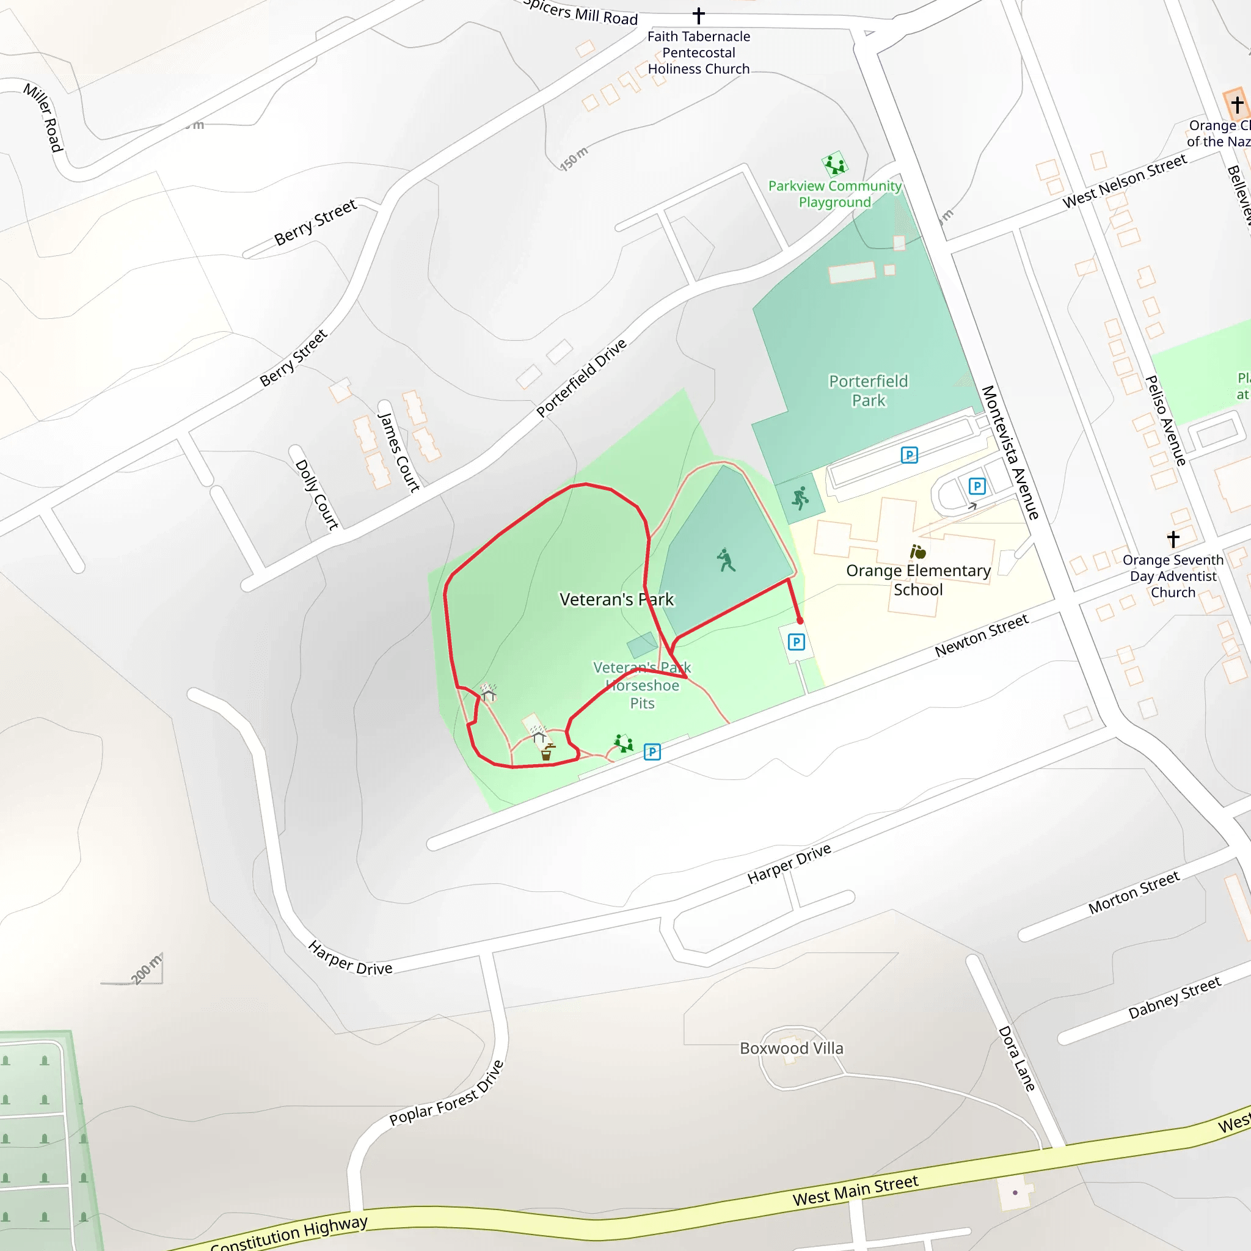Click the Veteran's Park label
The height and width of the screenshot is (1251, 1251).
tap(616, 600)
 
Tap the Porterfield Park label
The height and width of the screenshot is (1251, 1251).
tap(869, 390)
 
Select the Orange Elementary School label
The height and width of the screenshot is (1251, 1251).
tap(918, 580)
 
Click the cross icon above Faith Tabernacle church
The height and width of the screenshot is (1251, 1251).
tap(699, 15)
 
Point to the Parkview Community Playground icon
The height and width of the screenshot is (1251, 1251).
tap(834, 164)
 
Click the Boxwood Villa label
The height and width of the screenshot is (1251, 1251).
tap(791, 1048)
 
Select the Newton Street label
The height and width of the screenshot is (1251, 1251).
tap(981, 635)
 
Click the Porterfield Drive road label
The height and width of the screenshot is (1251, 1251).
tap(581, 377)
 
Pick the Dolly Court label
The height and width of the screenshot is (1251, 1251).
tap(316, 495)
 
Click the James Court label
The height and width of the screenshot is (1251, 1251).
tap(399, 452)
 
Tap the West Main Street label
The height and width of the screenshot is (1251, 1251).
tap(855, 1190)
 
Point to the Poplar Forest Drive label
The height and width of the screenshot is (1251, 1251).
tap(446, 1093)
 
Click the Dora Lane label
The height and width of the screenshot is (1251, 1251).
tap(1016, 1058)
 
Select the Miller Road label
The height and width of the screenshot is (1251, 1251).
tap(43, 117)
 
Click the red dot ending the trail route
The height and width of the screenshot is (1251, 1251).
tap(800, 621)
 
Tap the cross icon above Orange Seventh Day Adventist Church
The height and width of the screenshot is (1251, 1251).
tap(1173, 539)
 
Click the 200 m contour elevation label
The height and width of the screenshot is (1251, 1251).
tap(147, 969)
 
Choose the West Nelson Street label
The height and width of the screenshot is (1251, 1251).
tap(1124, 181)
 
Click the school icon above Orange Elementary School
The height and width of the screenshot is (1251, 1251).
tap(917, 552)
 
